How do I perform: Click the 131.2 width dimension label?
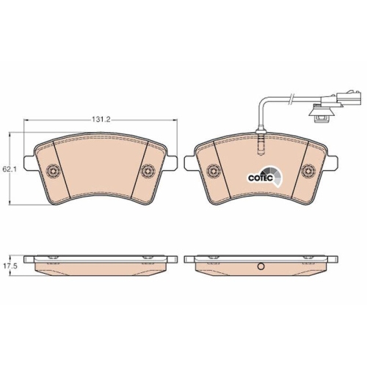tap(101, 120)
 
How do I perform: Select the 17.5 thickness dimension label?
tap(9, 266)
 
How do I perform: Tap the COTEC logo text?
tap(261, 178)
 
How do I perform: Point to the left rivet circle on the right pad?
tap(213, 170)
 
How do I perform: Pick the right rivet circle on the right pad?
tap(308, 170)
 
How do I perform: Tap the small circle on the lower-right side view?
tap(261, 266)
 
